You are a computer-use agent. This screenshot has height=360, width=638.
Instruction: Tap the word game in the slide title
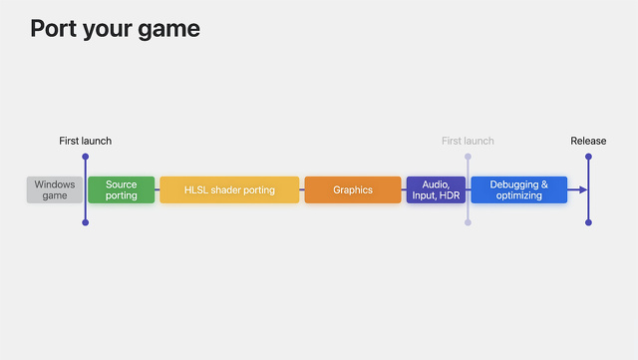coord(168,30)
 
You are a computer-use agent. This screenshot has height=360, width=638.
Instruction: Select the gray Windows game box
coord(55,189)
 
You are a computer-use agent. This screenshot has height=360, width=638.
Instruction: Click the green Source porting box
coord(122,189)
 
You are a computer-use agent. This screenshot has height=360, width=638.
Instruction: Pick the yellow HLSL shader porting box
coord(229,189)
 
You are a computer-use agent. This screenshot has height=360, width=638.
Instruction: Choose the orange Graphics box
coord(353,189)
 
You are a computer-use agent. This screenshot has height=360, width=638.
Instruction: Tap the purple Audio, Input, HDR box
coord(436,189)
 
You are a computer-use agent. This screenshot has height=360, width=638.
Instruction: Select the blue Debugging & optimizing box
coord(518,189)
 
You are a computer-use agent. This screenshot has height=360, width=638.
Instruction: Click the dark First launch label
coord(86,141)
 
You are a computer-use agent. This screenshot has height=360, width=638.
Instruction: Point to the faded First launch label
coord(468,141)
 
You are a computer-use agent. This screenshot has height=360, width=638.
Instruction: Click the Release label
coord(588,141)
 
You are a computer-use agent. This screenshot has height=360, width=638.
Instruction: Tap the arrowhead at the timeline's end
coord(583,189)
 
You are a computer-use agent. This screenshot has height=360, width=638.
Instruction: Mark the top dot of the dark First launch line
coord(86,157)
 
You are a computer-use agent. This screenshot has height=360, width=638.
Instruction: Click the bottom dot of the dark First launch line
coord(86,222)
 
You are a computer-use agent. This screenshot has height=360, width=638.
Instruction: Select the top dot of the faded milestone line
coord(468,157)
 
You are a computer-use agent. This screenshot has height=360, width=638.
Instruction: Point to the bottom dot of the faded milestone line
coord(468,222)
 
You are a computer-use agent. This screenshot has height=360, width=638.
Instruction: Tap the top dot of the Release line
coord(589,157)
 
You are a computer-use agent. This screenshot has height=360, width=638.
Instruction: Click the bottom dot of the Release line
coord(589,222)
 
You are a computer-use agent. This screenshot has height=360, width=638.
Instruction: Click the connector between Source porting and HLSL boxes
coord(158,189)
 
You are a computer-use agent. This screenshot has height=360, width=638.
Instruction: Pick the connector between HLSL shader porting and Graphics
coord(302,189)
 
